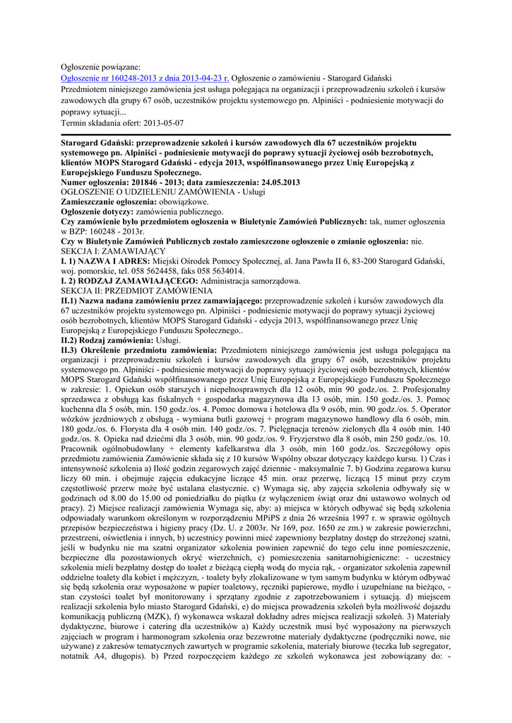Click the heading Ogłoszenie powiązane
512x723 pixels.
(x=101, y=66)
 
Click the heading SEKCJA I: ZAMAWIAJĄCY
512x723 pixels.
(x=113, y=251)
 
